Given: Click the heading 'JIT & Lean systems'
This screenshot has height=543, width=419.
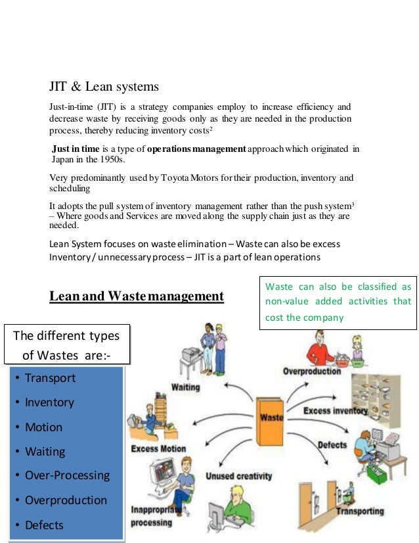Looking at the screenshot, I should coord(104,86).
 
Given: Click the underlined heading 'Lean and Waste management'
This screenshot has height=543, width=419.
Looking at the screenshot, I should coord(137,296).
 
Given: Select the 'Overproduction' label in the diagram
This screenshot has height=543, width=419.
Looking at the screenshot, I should coord(312,371).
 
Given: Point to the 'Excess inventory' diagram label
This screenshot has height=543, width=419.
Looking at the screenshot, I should coord(335,411).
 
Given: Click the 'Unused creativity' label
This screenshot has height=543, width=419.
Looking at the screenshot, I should coord(229,475).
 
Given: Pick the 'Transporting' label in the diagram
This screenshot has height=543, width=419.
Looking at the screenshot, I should coord(359,510).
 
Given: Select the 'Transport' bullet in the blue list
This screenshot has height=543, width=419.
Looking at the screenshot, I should coord(50,378).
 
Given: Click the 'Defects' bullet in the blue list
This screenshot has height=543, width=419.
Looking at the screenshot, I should coord(44,525).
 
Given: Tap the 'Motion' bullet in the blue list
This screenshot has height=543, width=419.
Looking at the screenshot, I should coord(43,427).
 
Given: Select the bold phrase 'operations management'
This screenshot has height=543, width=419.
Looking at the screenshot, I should coord(196,149).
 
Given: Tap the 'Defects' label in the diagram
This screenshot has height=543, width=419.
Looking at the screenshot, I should coord(332,445).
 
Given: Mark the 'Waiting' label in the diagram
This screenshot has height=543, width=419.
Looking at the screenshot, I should coord(186,387).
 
